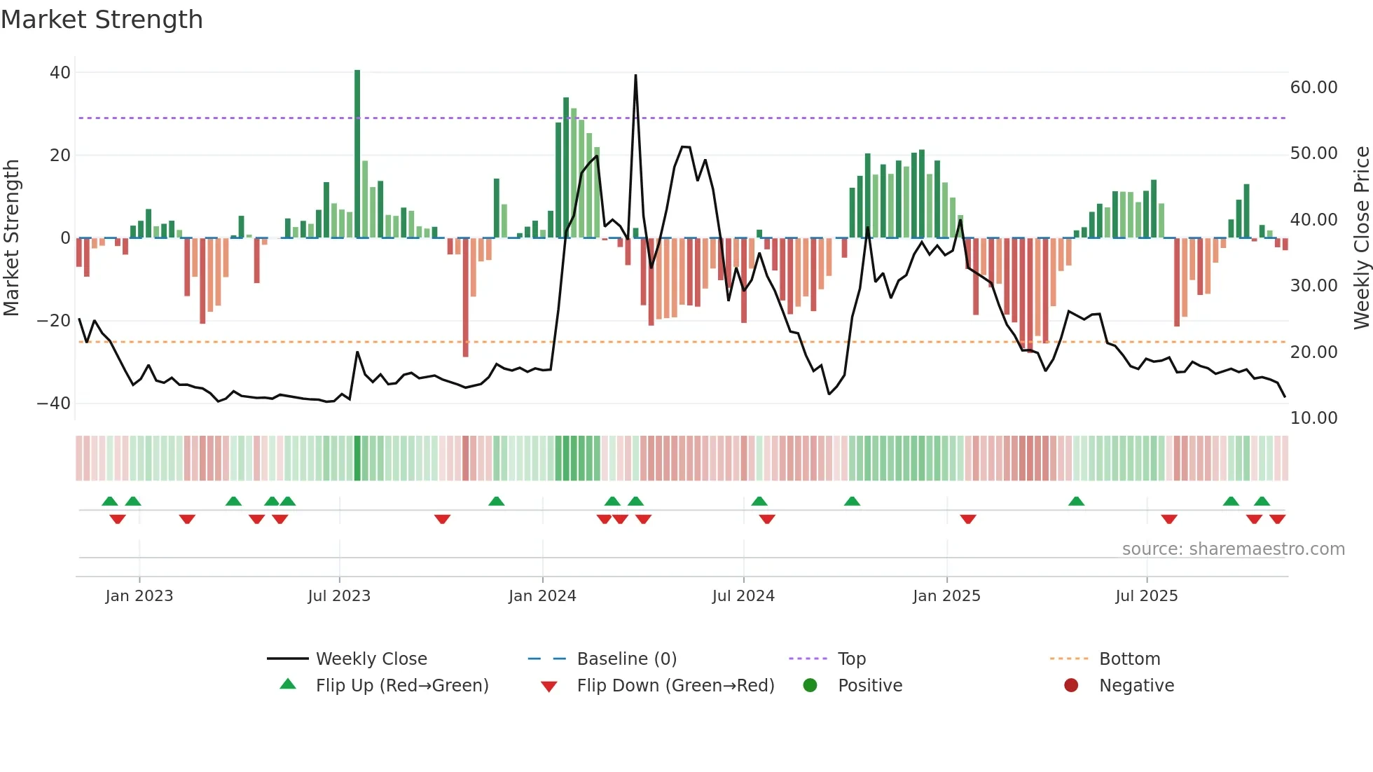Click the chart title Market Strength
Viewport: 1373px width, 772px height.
(x=102, y=20)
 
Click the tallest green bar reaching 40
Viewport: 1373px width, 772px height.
(x=357, y=154)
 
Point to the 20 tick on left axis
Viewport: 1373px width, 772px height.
(x=60, y=156)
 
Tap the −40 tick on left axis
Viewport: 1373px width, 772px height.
(x=54, y=404)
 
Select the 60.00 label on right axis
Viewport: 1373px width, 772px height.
(x=1313, y=88)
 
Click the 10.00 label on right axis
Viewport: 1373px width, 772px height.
(x=1313, y=418)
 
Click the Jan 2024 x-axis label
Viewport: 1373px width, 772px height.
(x=542, y=596)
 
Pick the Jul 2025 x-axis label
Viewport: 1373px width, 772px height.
(x=1146, y=596)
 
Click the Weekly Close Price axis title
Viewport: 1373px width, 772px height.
(x=1361, y=238)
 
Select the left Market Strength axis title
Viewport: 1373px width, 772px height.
(x=11, y=238)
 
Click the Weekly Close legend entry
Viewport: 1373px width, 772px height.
(x=371, y=659)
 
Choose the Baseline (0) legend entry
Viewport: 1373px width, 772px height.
(x=626, y=659)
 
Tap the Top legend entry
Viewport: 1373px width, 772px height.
(x=851, y=659)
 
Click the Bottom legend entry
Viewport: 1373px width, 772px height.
(x=1129, y=659)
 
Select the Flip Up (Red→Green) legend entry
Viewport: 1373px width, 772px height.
(x=401, y=686)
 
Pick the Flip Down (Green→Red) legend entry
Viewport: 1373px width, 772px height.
(x=675, y=686)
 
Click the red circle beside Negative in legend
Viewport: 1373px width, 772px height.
(x=1071, y=686)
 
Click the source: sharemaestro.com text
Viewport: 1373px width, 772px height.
(x=1233, y=549)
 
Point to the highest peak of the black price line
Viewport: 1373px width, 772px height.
(x=635, y=76)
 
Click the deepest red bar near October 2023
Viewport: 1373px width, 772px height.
(x=466, y=298)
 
